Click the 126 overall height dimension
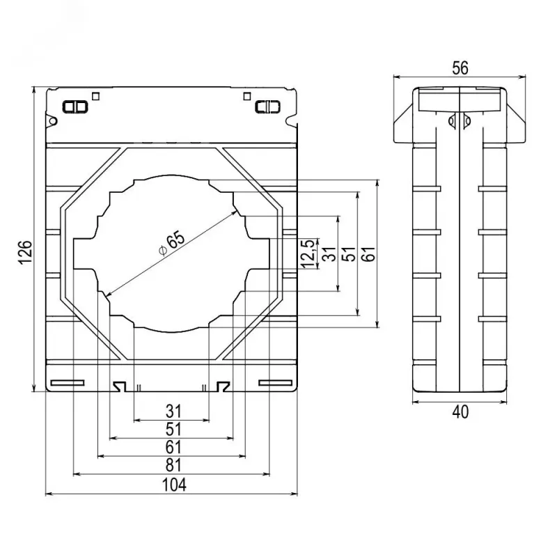(x=26, y=253)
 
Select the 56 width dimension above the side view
(x=460, y=68)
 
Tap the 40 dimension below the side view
(x=460, y=412)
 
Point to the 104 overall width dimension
(x=174, y=485)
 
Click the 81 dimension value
(x=173, y=465)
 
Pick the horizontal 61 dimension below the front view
(x=173, y=447)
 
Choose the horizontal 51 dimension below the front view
(x=173, y=430)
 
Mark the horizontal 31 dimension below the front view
(x=173, y=411)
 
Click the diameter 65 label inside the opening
(x=172, y=244)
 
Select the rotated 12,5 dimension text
(x=308, y=253)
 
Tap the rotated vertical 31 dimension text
(x=330, y=253)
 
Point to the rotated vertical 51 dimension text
(x=350, y=253)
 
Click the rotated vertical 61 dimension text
(x=369, y=253)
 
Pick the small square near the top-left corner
(x=95, y=96)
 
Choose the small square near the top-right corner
(x=247, y=96)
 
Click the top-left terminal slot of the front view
(x=75, y=107)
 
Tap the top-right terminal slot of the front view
(x=268, y=107)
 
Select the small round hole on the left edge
(x=53, y=121)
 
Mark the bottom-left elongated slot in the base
(x=68, y=382)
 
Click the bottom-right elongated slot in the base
(x=276, y=382)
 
